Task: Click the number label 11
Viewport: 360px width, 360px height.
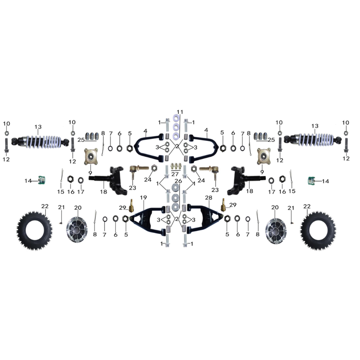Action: click(180, 112)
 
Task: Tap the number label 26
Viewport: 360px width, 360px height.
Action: click(178, 181)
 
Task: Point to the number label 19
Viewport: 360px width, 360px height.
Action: click(143, 197)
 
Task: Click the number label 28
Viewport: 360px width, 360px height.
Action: click(208, 197)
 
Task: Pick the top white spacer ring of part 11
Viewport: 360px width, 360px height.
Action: click(176, 119)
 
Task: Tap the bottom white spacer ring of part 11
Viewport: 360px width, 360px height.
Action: click(176, 136)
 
